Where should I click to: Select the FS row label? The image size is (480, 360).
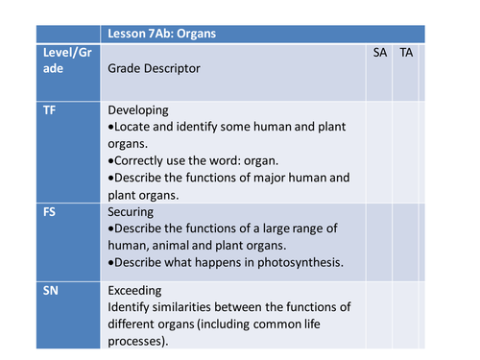click(x=50, y=209)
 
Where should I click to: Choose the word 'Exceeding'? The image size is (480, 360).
click(x=135, y=289)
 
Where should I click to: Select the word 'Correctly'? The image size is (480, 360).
click(x=141, y=160)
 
